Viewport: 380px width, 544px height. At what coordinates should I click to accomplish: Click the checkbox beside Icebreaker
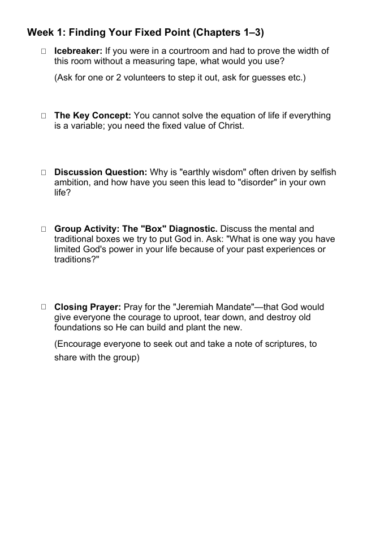43,52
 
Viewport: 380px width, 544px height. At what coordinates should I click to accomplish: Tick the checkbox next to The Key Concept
43,116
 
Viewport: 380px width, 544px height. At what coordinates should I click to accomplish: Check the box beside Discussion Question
43,173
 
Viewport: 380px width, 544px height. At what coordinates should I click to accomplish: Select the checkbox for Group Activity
43,229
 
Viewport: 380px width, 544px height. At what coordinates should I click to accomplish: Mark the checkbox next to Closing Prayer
43,308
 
